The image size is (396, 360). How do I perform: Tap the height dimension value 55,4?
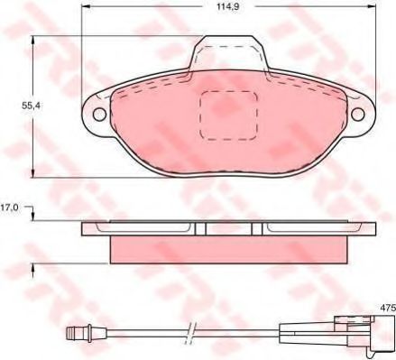tap(16, 106)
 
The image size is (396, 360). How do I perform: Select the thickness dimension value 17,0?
tap(10, 208)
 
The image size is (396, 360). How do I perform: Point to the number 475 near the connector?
tap(385, 309)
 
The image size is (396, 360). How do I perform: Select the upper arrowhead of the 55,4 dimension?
tap(33, 41)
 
